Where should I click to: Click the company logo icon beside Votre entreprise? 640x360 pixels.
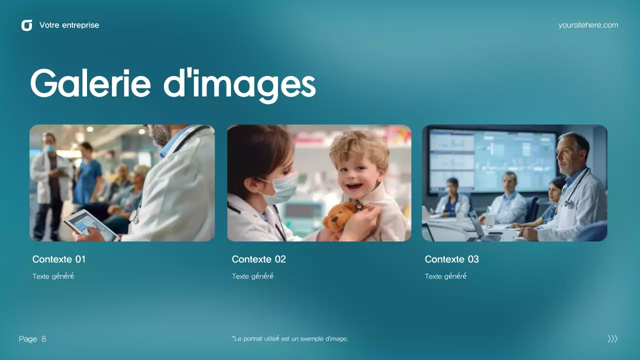(26, 25)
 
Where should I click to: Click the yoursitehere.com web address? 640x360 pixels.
(588, 25)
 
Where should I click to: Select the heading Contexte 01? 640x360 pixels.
(59, 259)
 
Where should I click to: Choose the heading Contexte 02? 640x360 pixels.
(258, 259)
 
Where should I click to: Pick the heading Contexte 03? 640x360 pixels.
(451, 259)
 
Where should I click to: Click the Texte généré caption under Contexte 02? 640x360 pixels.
(252, 276)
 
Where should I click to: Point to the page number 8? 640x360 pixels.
(43, 339)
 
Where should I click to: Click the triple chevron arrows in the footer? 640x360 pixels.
(612, 339)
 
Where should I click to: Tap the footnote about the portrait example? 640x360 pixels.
(290, 339)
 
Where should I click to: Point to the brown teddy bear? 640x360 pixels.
(339, 220)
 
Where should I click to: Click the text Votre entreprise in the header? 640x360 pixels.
(69, 25)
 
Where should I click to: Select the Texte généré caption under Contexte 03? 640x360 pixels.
(445, 276)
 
